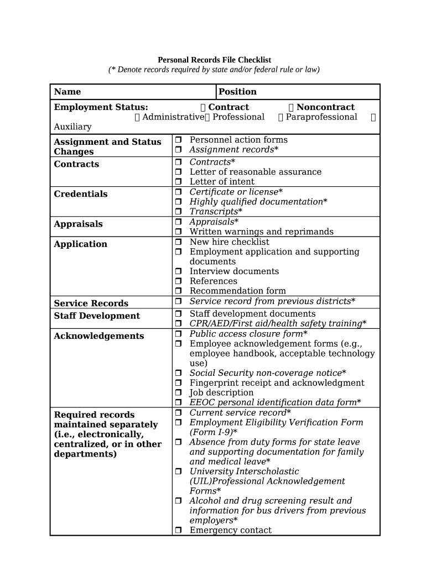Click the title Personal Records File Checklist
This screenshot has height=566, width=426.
[x=215, y=60]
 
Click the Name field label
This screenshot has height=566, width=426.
[x=67, y=92]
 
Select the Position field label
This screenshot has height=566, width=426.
[x=237, y=92]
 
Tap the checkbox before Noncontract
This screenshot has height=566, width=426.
[x=292, y=107]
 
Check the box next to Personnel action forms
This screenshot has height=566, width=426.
[x=179, y=140]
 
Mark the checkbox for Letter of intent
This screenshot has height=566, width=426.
[x=179, y=182]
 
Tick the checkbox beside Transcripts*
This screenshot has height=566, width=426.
[x=179, y=212]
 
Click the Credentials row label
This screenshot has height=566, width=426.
[x=81, y=194]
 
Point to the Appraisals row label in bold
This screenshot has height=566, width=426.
[x=78, y=224]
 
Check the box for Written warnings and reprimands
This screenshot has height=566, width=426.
[x=179, y=232]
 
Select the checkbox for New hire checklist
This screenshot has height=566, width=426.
[x=179, y=242]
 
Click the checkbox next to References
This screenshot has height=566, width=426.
[x=179, y=281]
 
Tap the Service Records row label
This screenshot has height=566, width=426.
[x=91, y=303]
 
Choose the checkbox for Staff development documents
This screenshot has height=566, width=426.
[x=179, y=314]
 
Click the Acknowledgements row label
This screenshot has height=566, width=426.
[x=98, y=336]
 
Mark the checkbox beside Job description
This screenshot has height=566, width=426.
[x=179, y=393]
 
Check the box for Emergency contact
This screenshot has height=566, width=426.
[x=179, y=531]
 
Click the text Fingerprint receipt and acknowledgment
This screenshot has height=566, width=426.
[x=277, y=383]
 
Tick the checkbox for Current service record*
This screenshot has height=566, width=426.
[x=179, y=413]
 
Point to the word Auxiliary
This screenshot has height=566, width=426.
[x=72, y=127]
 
